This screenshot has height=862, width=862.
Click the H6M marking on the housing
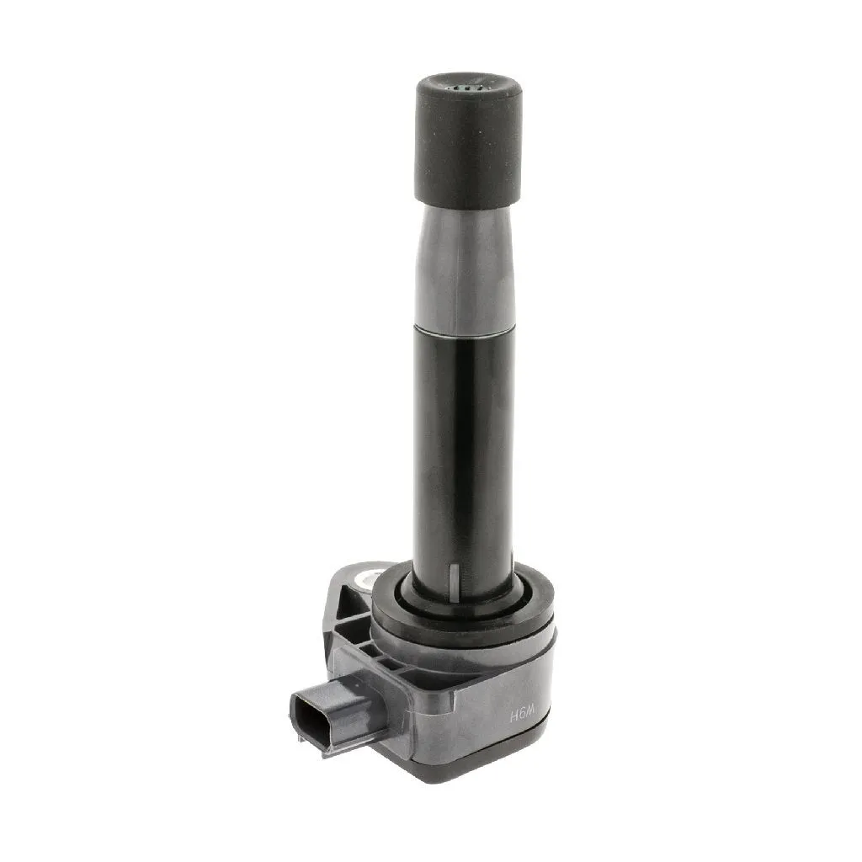(523, 716)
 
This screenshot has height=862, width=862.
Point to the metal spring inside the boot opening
(466, 88)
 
